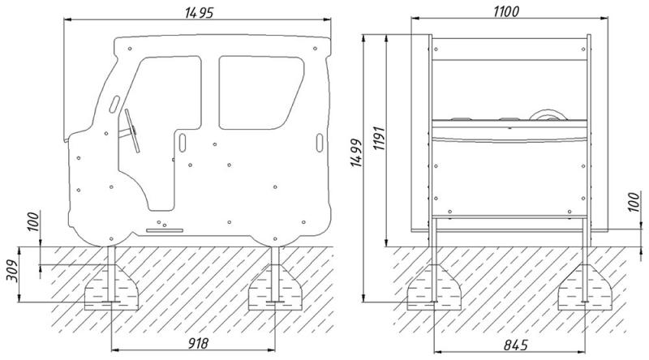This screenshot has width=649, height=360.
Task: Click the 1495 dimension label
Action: click(200, 12)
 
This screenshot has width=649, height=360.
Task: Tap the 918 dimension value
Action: click(198, 343)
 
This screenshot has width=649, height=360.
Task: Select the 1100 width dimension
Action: click(505, 11)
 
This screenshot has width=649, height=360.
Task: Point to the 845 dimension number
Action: click(516, 345)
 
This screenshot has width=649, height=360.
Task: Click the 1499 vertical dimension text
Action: click(356, 153)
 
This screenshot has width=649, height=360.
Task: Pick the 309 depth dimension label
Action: click(13, 271)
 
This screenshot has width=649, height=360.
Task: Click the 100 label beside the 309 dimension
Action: click(33, 221)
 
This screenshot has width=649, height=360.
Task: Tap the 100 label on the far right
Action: click(634, 202)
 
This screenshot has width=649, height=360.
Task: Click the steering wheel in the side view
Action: click(131, 131)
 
